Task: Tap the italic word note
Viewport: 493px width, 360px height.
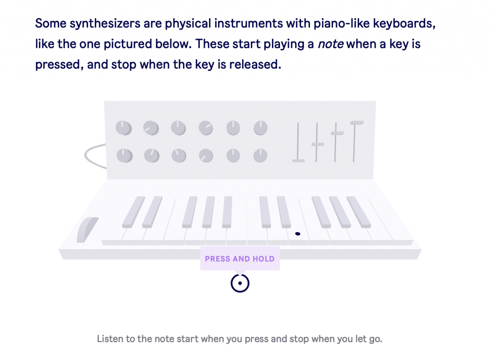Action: click(330, 44)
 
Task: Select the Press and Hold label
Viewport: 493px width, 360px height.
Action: click(240, 259)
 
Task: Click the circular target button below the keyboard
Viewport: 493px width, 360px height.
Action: click(240, 283)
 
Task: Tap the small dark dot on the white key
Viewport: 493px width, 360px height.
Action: click(298, 234)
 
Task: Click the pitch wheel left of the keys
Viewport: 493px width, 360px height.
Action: click(87, 230)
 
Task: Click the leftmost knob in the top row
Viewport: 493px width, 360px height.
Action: click(124, 128)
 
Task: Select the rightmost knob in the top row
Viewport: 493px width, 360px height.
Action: click(260, 128)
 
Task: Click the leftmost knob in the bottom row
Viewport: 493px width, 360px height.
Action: click(125, 156)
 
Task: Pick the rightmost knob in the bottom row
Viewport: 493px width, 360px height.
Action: click(260, 156)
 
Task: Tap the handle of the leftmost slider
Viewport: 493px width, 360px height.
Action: click(298, 161)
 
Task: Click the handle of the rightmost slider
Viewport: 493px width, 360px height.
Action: click(357, 123)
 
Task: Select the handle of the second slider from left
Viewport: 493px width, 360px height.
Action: click(318, 144)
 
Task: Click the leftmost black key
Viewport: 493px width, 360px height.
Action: click(134, 212)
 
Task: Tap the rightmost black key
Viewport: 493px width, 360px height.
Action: click(359, 212)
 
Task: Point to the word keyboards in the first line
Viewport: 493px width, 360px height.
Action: click(404, 24)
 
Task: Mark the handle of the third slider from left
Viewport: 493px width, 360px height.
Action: click(337, 133)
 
